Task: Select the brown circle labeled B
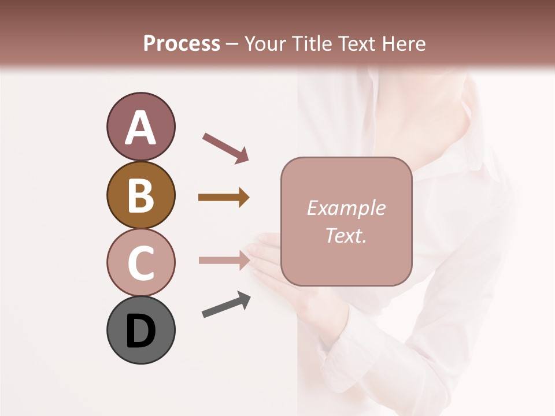click(x=140, y=195)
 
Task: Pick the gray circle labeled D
click(x=140, y=330)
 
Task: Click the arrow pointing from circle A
click(x=225, y=148)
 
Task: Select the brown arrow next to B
click(x=224, y=198)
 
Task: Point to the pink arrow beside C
click(x=224, y=260)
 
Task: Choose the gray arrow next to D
click(x=226, y=305)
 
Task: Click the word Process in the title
click(x=182, y=43)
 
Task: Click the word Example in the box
click(x=346, y=208)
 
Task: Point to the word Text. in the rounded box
click(x=346, y=236)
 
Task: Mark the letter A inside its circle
click(x=140, y=128)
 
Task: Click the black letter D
click(x=140, y=332)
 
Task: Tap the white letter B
click(x=140, y=196)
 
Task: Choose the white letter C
click(x=140, y=263)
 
